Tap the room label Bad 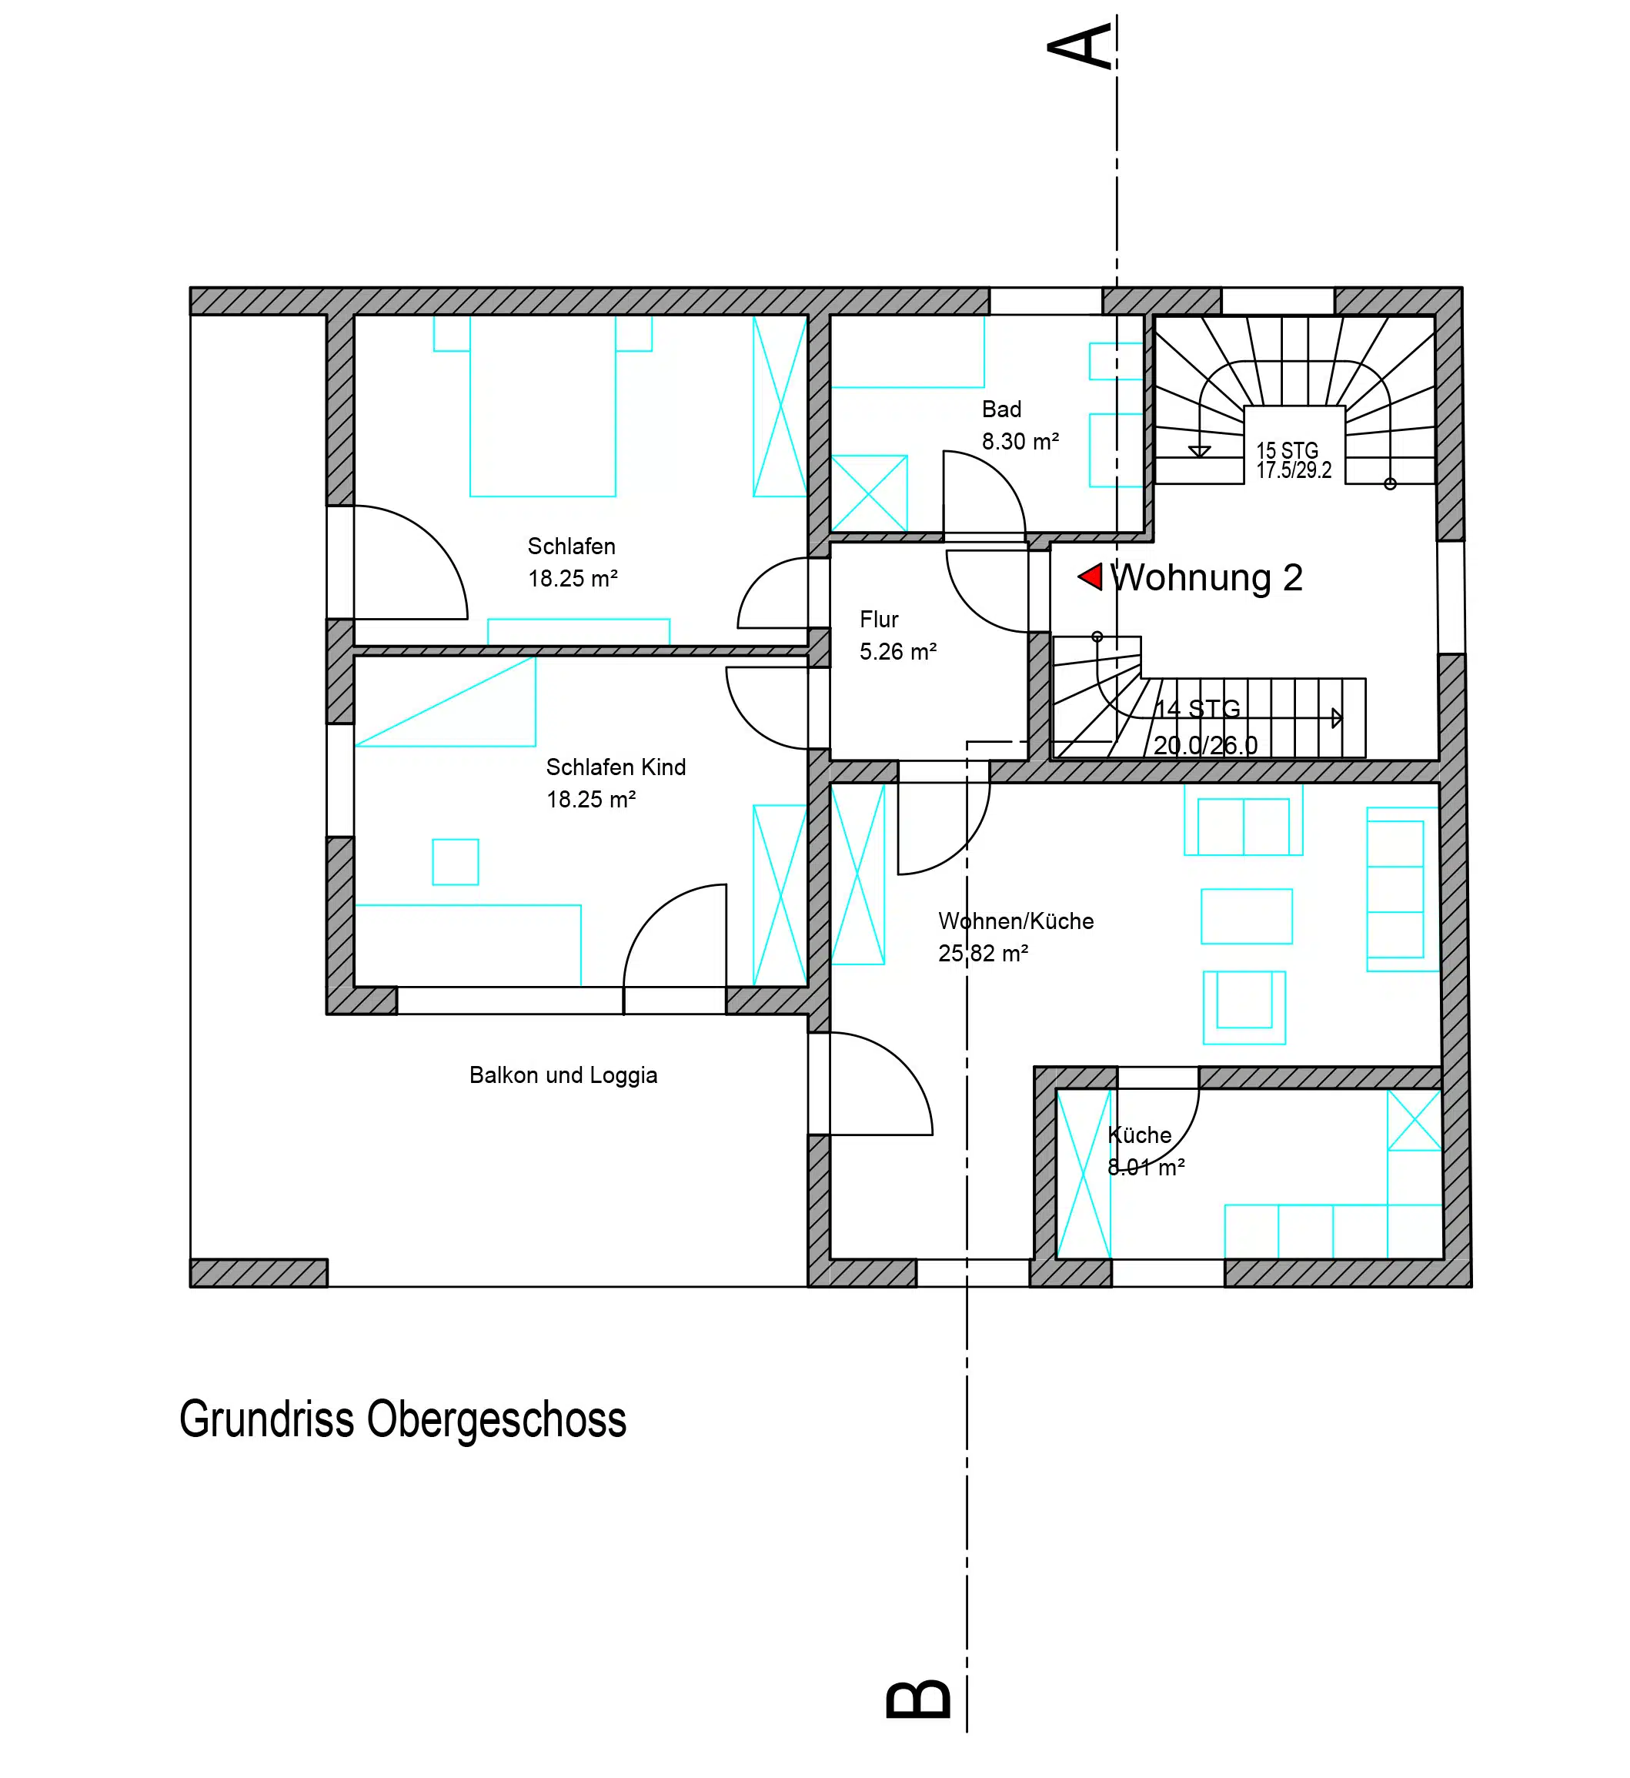tap(1001, 409)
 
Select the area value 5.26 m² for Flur tap(898, 652)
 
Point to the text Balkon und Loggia tap(563, 1075)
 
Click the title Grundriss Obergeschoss tap(403, 1419)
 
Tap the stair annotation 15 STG tap(1287, 451)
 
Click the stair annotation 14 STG tap(1197, 708)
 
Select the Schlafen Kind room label tap(616, 767)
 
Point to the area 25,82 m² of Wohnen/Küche tap(984, 954)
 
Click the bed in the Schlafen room tap(543, 406)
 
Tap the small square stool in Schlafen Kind tap(455, 861)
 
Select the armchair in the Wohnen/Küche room tap(1244, 1008)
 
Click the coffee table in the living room tap(1246, 917)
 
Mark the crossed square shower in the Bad tap(869, 493)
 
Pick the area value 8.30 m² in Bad tap(1020, 441)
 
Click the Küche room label tap(1140, 1135)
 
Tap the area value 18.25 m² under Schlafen tap(573, 579)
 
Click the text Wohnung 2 tap(1207, 578)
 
